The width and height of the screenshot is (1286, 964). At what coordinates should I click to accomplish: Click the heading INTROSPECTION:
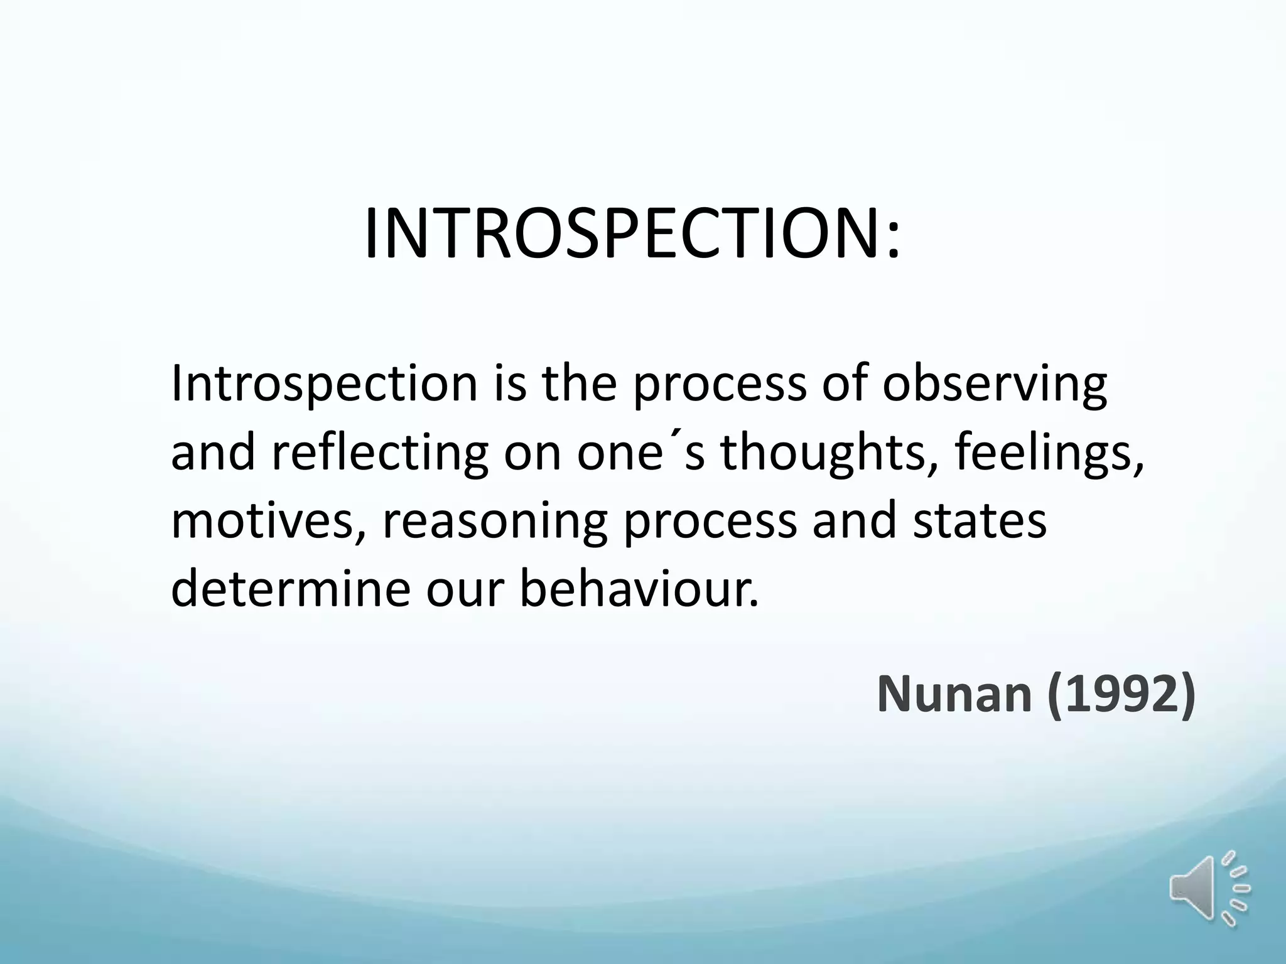coord(631,233)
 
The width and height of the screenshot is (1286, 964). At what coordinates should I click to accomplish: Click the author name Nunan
coord(954,694)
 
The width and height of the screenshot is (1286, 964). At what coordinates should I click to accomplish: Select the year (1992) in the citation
coord(1121,694)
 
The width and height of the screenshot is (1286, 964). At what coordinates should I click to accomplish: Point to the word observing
coord(994,384)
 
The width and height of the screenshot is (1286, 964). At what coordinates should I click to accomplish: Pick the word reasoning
coord(495,521)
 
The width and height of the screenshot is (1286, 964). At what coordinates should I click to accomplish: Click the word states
coord(980,521)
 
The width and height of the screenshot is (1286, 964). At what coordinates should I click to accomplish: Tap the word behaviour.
coord(639,589)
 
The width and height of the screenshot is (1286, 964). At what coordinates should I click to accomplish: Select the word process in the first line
coord(720,384)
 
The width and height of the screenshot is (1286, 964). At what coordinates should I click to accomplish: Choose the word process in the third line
coord(710,521)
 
